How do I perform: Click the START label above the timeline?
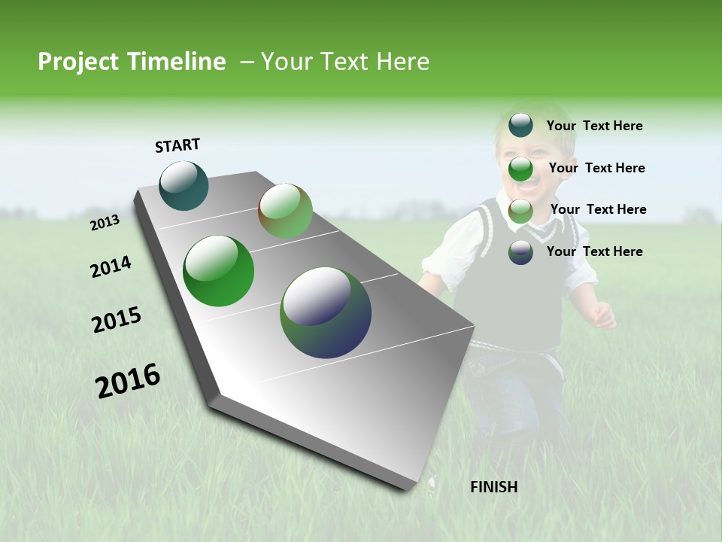(x=177, y=145)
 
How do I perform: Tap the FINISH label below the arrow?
(x=493, y=487)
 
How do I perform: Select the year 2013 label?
(x=105, y=223)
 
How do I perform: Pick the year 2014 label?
(x=111, y=267)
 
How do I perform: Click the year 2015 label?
(x=117, y=320)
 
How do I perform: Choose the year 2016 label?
(x=128, y=381)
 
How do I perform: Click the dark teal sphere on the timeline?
(x=184, y=186)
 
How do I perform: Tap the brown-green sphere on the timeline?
(x=285, y=211)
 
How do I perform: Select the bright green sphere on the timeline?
(x=218, y=271)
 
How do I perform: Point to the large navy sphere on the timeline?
(x=326, y=312)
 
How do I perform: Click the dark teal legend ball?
(x=520, y=125)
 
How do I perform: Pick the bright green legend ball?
(x=520, y=169)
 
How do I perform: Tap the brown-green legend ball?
(x=520, y=211)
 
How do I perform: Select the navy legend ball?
(x=520, y=252)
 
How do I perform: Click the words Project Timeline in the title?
(x=132, y=62)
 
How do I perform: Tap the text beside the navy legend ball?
(x=594, y=251)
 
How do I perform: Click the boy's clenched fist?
(x=603, y=315)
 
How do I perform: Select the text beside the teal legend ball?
(x=594, y=126)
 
